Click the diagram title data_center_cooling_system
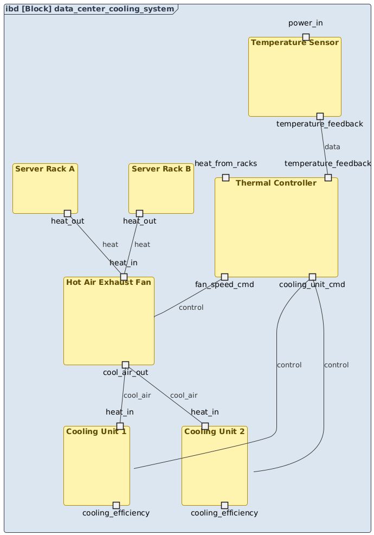[x=91, y=9]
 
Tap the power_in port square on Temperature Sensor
[x=306, y=37]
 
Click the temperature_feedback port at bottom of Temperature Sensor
[x=320, y=116]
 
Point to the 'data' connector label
[x=332, y=147]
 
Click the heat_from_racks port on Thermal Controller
[x=225, y=178]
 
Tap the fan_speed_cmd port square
[x=224, y=277]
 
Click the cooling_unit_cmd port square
[x=312, y=277]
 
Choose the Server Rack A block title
[x=45, y=169]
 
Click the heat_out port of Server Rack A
[x=67, y=213]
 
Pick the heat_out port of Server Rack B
[x=139, y=213]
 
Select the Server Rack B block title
[x=161, y=169]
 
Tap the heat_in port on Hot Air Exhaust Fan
[x=124, y=277]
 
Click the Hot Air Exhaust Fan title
[x=108, y=282]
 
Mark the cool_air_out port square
[x=125, y=365]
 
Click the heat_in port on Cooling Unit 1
[x=120, y=426]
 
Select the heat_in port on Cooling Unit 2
[x=205, y=426]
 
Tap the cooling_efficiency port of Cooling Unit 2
[x=224, y=505]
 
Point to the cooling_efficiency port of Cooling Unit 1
[x=116, y=505]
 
